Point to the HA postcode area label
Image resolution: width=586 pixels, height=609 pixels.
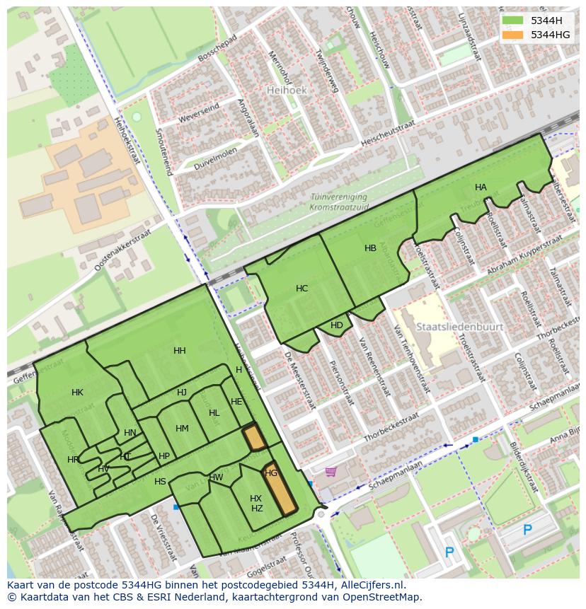click(x=481, y=187)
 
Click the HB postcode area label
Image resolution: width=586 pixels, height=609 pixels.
click(x=370, y=248)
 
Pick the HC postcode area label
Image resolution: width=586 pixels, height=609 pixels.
click(x=302, y=289)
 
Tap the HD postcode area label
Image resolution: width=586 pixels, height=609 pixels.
click(x=337, y=325)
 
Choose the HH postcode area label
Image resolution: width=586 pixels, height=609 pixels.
click(x=180, y=351)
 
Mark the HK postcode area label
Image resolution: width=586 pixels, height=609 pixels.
click(x=77, y=393)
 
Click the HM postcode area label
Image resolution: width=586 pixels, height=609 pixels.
click(x=182, y=429)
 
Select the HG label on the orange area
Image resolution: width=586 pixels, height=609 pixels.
click(x=271, y=472)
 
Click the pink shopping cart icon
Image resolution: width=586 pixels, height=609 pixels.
click(x=331, y=471)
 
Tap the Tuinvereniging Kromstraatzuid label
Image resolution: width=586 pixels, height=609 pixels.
click(x=338, y=202)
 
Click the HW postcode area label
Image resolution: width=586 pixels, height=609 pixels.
click(x=216, y=477)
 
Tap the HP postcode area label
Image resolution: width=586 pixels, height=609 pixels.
click(x=164, y=456)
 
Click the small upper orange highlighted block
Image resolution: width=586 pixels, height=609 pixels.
click(x=254, y=438)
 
